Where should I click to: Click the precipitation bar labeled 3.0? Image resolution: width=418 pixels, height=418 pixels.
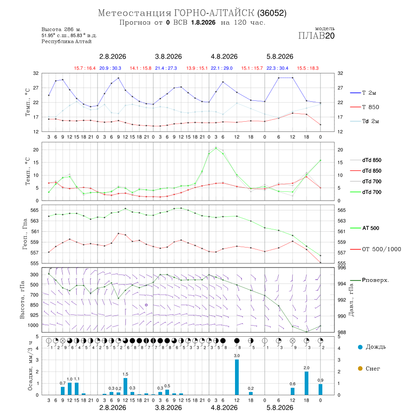point(237,377)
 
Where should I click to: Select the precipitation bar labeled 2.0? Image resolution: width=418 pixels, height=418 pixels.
point(307,383)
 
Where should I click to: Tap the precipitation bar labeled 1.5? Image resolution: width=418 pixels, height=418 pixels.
point(125,386)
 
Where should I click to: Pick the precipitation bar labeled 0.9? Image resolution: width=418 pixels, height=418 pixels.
point(320,390)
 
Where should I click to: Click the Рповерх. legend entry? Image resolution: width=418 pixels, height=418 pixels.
point(370,280)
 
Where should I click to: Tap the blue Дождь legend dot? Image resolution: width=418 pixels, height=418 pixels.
point(360,347)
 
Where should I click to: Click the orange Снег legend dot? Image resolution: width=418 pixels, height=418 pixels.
point(360,369)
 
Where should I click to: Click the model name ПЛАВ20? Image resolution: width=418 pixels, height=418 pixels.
point(316,36)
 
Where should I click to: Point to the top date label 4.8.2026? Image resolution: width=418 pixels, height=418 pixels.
point(224,57)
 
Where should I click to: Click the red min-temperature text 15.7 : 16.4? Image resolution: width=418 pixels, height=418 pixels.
point(85,68)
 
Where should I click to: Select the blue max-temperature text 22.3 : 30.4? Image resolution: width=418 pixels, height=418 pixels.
point(278,68)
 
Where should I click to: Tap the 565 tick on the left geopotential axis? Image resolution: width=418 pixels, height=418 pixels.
point(35,210)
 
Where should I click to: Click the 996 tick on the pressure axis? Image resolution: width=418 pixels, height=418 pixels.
point(342,268)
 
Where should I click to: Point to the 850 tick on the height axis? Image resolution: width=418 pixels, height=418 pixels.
point(34,305)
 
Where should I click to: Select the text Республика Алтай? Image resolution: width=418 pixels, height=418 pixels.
point(66,42)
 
